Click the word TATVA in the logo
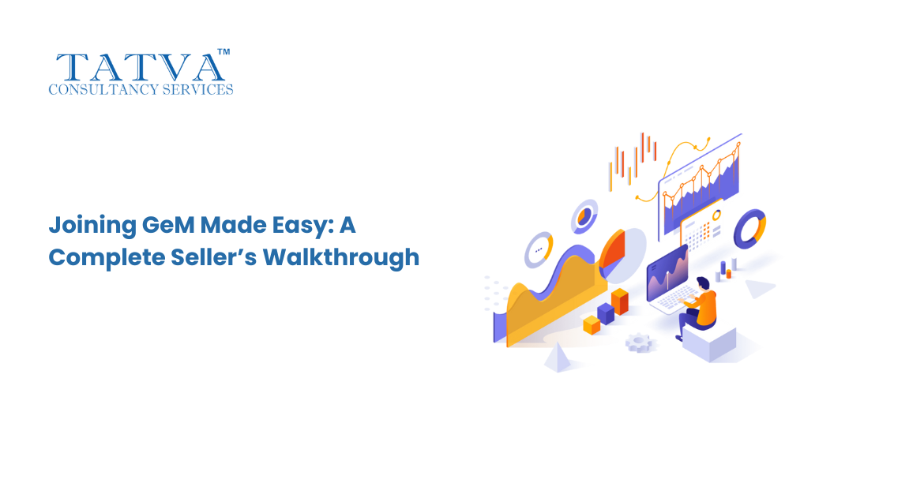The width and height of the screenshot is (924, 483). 141,67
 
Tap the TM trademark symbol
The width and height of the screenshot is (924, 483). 223,52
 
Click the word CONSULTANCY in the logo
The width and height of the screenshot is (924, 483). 103,89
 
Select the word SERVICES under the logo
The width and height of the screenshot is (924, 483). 197,89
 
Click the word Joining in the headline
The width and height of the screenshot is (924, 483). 92,227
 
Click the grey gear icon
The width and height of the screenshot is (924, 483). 640,343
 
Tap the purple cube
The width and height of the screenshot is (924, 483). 606,313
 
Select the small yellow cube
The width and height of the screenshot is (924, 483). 591,324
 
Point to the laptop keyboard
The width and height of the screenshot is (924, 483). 676,298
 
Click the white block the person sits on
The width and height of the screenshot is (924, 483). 709,344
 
